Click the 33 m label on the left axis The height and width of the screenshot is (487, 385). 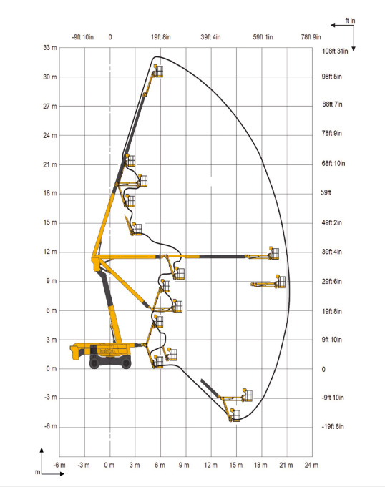[51, 48]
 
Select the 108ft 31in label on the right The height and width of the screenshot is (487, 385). [333, 51]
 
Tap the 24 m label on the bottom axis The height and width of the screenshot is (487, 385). [311, 466]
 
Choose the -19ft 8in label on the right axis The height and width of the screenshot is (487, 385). [333, 427]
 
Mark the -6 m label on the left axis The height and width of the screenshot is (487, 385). [51, 427]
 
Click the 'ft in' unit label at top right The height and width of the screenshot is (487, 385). [350, 21]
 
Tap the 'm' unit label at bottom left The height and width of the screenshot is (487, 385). [37, 473]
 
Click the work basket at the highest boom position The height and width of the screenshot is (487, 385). [157, 70]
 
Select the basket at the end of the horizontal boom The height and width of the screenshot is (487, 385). [273, 253]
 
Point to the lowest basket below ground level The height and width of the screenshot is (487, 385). [234, 415]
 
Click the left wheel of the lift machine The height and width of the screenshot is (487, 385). [95, 363]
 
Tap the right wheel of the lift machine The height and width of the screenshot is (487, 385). [126, 363]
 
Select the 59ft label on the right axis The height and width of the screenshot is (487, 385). [328, 192]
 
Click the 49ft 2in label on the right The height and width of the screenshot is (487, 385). [333, 222]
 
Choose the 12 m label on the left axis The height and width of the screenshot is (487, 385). [51, 252]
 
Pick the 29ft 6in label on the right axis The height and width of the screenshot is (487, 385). [333, 281]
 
